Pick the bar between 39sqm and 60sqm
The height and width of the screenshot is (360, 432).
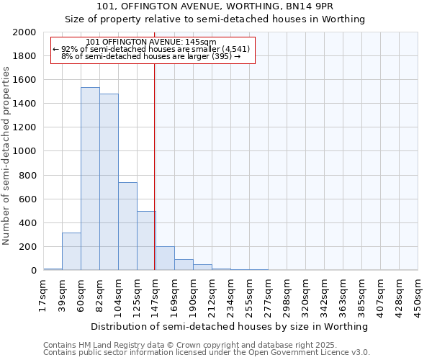(x=71, y=251)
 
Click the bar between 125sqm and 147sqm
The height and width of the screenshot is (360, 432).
(x=146, y=240)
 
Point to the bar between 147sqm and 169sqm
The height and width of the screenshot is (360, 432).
(x=165, y=258)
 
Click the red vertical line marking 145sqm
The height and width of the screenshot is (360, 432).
(x=155, y=166)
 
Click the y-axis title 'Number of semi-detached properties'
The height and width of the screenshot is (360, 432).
(x=6, y=156)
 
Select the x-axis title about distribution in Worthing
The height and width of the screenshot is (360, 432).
(x=230, y=326)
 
